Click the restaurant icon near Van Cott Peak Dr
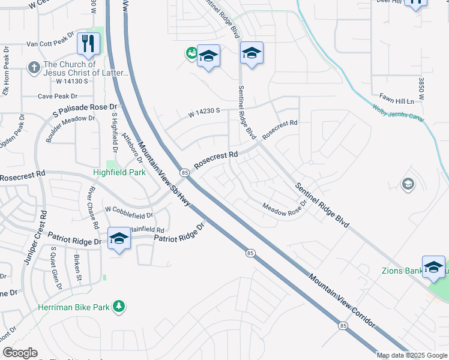pos(88,43)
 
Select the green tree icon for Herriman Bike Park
pos(119,307)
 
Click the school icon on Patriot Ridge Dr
pos(119,238)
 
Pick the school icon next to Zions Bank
pos(433,267)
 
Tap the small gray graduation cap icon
pos(408,184)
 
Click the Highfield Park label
pos(119,172)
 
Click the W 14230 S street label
pos(204,111)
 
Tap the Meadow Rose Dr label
pos(285,206)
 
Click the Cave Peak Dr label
pos(58,96)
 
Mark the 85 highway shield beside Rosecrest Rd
pos(184,173)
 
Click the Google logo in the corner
pos(20,353)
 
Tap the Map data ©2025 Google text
pos(412,355)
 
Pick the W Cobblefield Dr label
pos(128,212)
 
